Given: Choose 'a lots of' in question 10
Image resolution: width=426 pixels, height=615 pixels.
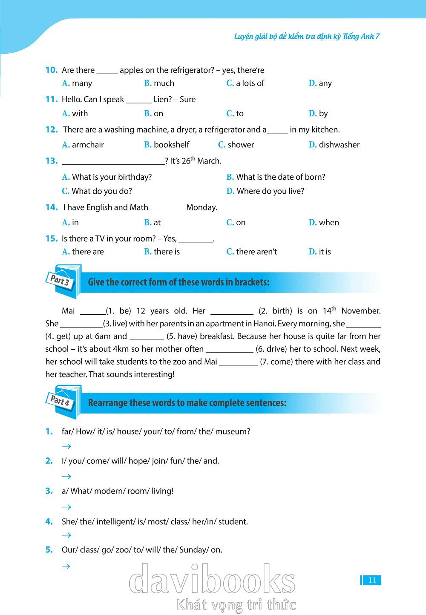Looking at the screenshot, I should pos(250,83).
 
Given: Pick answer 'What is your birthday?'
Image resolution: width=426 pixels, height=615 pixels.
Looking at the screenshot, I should pos(112,177).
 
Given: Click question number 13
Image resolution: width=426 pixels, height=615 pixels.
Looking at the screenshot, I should pos(52,161).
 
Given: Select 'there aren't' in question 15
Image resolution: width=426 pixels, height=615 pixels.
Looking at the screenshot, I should pos(256,252).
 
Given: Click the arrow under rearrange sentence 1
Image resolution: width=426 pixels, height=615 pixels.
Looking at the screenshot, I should pos(66,446).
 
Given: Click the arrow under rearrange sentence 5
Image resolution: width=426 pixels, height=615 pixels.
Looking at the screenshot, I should pos(66,566).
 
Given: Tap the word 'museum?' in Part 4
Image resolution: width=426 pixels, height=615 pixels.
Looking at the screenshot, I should pos(233,431).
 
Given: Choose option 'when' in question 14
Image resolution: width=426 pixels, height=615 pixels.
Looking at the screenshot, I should pos(328,222).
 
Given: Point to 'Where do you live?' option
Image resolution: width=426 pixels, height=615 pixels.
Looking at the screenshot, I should pos(270,191).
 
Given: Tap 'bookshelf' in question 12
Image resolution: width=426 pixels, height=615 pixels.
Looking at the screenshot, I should pos(171,145).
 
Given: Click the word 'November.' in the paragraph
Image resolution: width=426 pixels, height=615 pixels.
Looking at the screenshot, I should pos(361,311).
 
